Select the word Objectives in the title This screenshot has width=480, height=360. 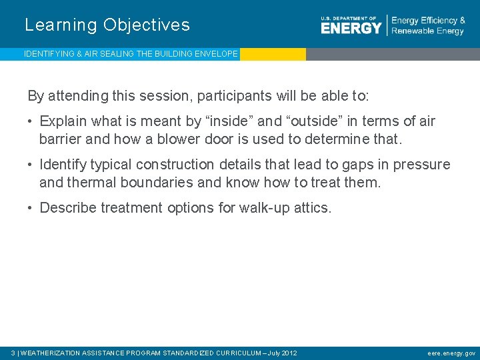click(x=147, y=25)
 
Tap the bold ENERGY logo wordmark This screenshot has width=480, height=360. click(x=351, y=28)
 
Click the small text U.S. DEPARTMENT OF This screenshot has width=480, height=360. click(x=348, y=18)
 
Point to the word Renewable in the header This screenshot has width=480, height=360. click(x=412, y=31)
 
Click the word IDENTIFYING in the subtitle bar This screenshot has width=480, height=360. click(x=49, y=54)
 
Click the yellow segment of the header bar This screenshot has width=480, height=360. click(x=273, y=54)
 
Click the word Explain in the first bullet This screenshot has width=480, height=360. click(x=63, y=121)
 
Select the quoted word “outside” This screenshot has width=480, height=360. click(x=313, y=121)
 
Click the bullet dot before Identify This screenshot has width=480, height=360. click(x=31, y=165)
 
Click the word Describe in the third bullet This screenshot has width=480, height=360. click(x=68, y=208)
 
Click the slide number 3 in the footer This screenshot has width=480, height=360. click(x=13, y=353)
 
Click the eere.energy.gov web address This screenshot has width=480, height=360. click(x=451, y=353)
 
